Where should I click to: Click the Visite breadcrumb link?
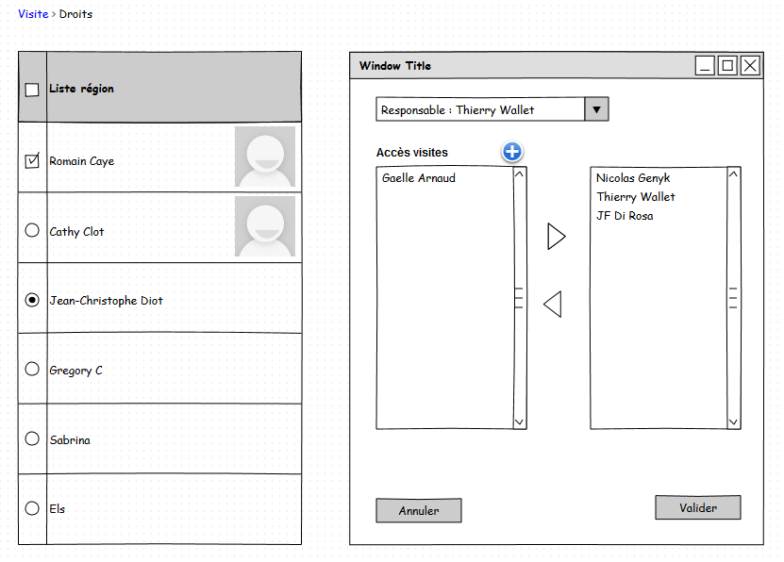33,14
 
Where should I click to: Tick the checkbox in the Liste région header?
32,90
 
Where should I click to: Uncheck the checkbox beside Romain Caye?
32,161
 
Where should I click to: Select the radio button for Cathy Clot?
32,230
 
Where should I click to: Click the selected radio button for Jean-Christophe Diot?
32,300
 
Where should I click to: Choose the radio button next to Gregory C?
32,370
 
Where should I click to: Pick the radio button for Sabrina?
32,438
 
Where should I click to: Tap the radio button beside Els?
32,508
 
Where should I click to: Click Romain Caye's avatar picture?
265,157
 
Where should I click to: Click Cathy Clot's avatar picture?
265,226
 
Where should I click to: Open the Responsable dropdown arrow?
596,109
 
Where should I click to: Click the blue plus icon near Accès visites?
512,152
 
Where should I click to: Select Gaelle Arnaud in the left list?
419,178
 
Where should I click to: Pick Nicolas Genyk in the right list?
633,178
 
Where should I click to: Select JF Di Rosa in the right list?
625,216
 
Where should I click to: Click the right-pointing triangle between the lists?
556,237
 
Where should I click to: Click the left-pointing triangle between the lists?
553,305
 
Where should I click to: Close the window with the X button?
750,65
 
